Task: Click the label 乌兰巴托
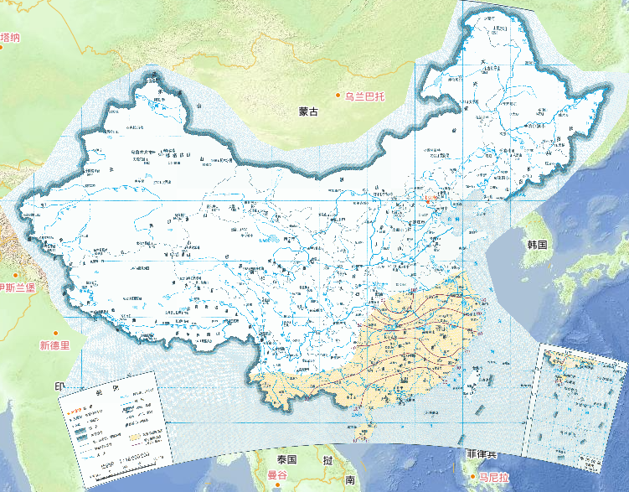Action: click(368, 97)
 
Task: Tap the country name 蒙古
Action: click(308, 111)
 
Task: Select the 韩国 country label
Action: click(537, 245)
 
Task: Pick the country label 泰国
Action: click(288, 460)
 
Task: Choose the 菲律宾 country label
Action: click(482, 454)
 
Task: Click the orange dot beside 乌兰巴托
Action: click(338, 97)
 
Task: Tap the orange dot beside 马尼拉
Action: click(473, 477)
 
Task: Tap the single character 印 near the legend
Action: click(59, 387)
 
